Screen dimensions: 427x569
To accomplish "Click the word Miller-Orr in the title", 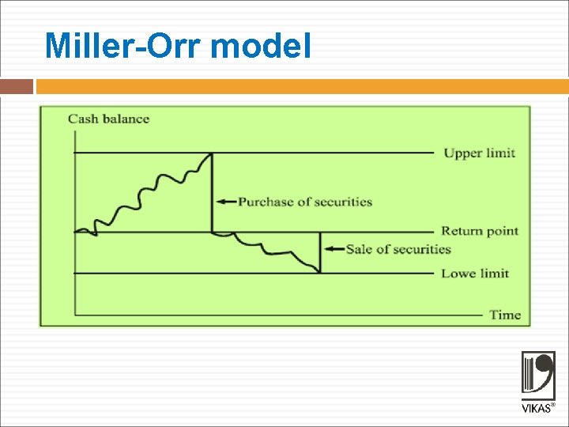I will (125, 46).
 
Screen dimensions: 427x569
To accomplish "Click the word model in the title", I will (262, 46).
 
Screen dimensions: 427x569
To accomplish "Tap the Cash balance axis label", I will (108, 119).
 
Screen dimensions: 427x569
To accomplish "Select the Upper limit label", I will (479, 153).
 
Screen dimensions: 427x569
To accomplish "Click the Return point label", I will (480, 231).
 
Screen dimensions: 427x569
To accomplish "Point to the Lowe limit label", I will (474, 274).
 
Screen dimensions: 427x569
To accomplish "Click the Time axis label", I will (505, 315).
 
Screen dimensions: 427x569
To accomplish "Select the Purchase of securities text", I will (304, 202).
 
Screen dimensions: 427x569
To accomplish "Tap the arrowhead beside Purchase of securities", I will (221, 202).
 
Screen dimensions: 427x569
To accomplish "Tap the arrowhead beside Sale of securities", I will (329, 249).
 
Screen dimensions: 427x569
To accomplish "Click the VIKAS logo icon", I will (537, 376).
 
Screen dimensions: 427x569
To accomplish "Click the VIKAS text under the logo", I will (536, 409).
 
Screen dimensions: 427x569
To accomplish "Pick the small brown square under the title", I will (17, 86).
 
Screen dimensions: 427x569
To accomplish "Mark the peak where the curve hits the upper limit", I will (212, 153).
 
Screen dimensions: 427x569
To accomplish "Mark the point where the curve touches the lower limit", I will (319, 273).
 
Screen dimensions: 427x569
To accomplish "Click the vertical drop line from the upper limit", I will (212, 194).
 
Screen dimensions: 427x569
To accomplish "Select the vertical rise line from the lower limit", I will (320, 253).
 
